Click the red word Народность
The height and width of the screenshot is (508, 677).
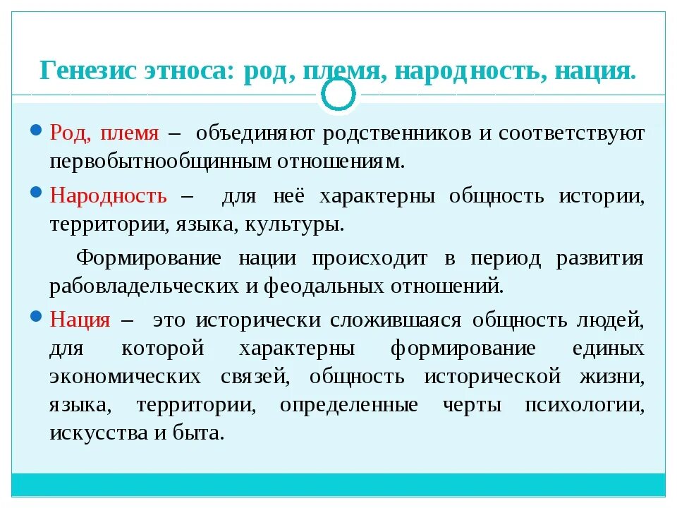[109, 195]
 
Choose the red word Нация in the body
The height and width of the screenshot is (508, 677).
[80, 320]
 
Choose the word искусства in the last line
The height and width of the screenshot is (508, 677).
[96, 433]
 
